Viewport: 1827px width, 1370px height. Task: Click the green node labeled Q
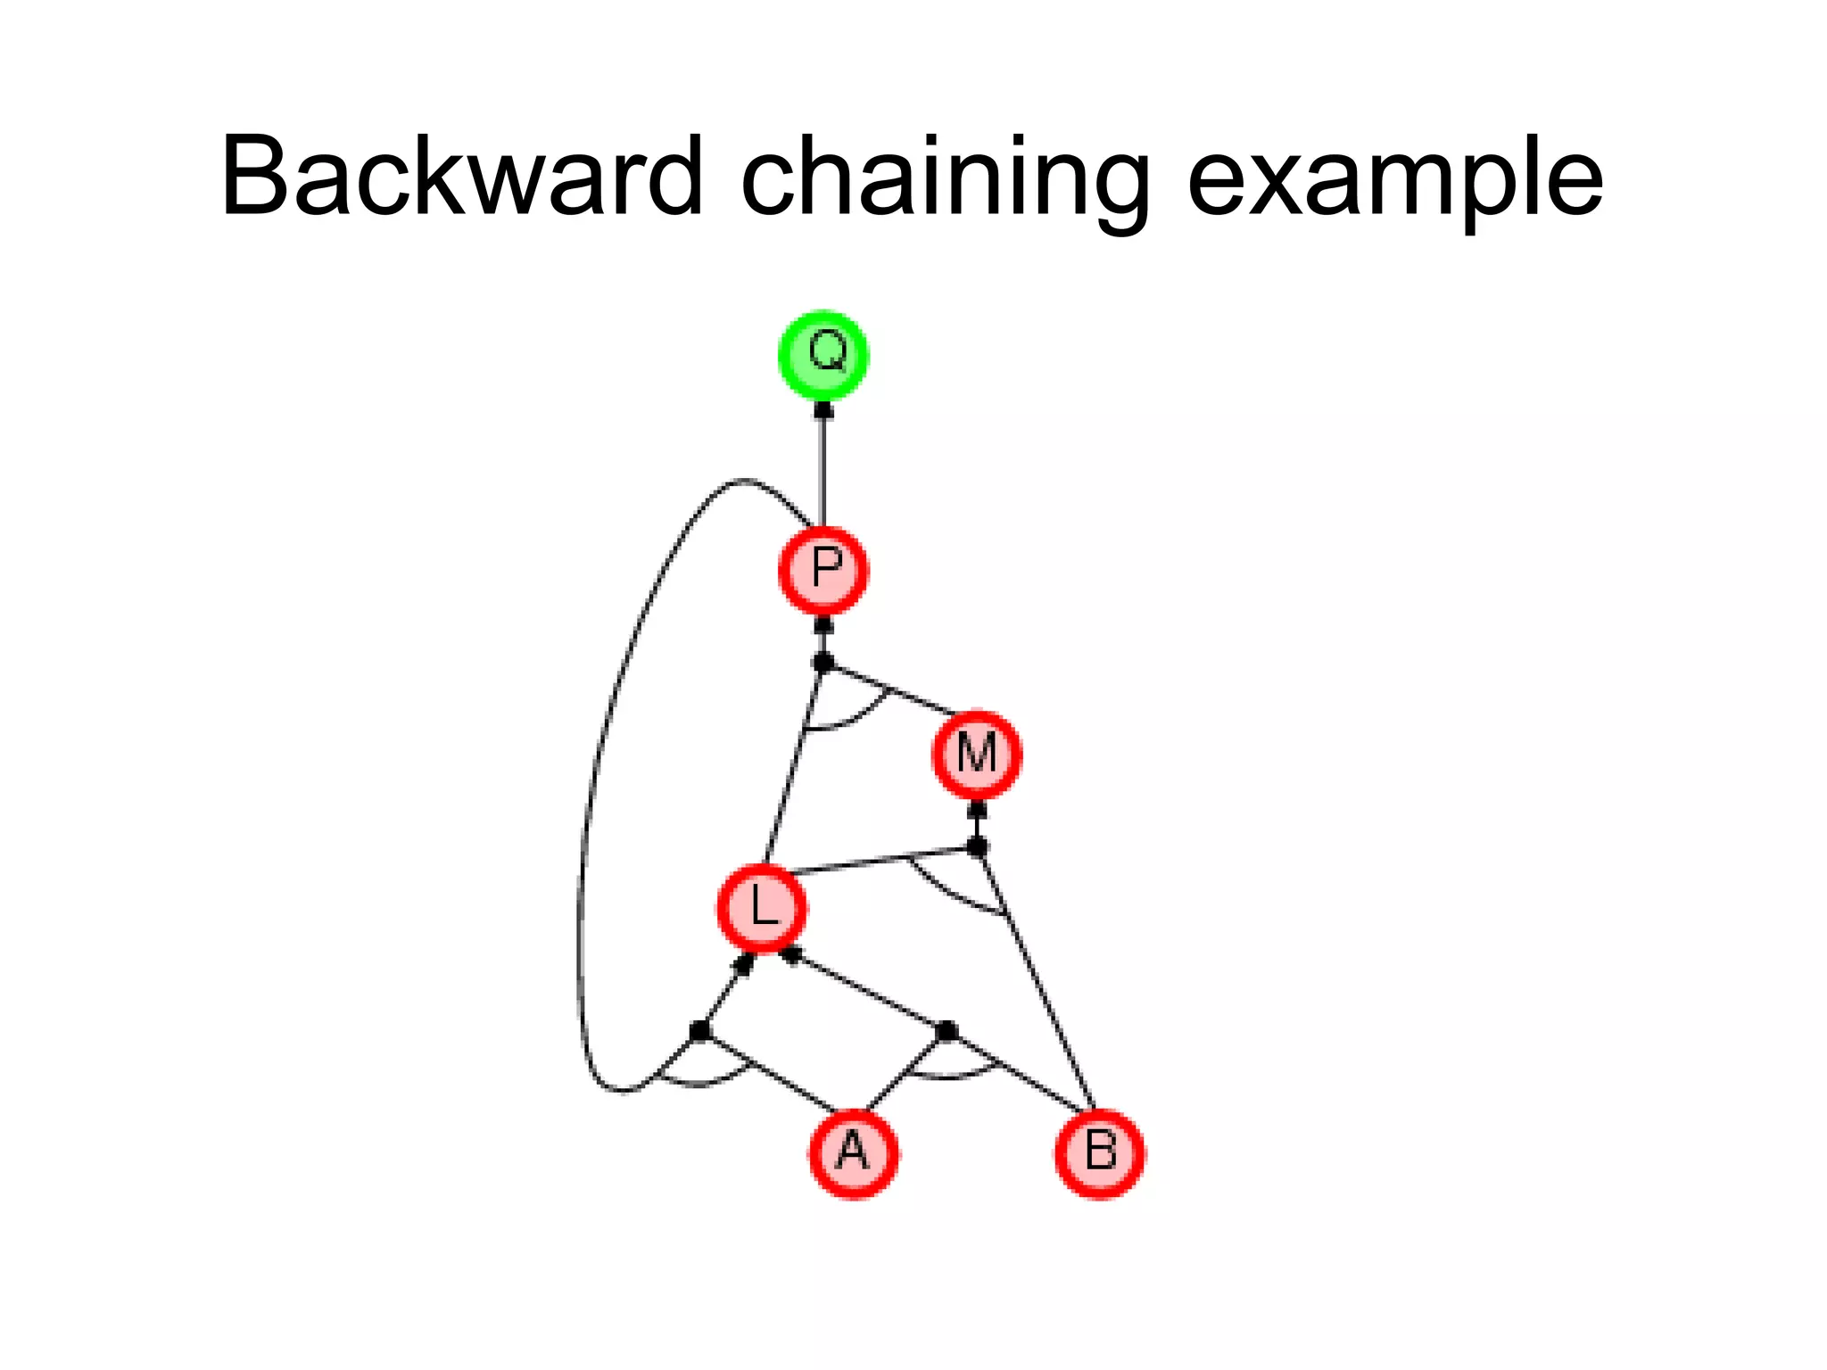[823, 354]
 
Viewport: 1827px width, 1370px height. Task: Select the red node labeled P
[823, 569]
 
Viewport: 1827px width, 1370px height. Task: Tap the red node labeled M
[977, 754]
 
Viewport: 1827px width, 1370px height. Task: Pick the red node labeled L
[762, 907]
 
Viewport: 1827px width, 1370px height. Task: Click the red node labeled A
[854, 1152]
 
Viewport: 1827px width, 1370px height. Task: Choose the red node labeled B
[1099, 1152]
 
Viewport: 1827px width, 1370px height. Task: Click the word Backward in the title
[461, 176]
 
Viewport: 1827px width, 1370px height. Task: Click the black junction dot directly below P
[823, 663]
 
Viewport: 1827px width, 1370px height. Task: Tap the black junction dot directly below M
[977, 846]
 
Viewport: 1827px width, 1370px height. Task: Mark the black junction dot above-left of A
[700, 1031]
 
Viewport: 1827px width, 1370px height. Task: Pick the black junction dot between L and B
[947, 1031]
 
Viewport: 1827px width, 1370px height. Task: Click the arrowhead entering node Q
[823, 410]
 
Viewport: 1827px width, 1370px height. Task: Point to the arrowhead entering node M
[977, 810]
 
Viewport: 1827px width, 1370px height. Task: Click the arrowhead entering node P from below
[823, 624]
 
